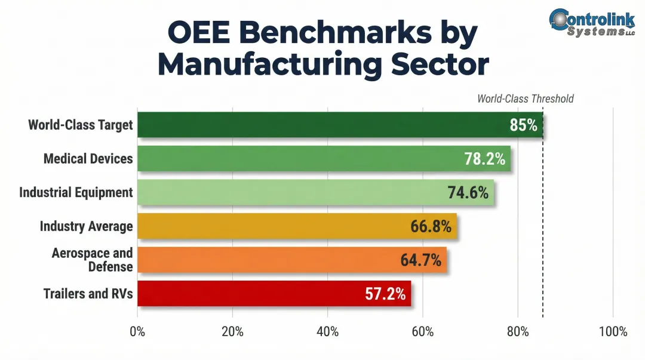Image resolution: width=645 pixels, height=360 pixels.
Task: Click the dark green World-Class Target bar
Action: point(322,125)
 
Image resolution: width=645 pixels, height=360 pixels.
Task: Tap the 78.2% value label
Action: point(484,159)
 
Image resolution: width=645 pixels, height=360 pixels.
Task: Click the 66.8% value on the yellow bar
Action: point(431,226)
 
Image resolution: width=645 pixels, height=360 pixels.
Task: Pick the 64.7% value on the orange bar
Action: point(420,260)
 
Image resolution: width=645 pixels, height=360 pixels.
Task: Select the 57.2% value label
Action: point(385,294)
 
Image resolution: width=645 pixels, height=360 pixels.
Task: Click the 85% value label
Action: point(523,125)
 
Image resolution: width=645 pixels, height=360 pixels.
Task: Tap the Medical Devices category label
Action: point(88,159)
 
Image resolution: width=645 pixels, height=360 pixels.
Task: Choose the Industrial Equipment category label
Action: point(76,192)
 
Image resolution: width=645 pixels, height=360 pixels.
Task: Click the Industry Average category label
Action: point(86,226)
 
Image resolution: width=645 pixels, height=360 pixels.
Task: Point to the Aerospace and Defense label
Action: point(92,260)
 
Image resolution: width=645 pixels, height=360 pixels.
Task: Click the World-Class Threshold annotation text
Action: point(525,99)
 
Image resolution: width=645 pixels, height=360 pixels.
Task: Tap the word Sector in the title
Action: point(440,64)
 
